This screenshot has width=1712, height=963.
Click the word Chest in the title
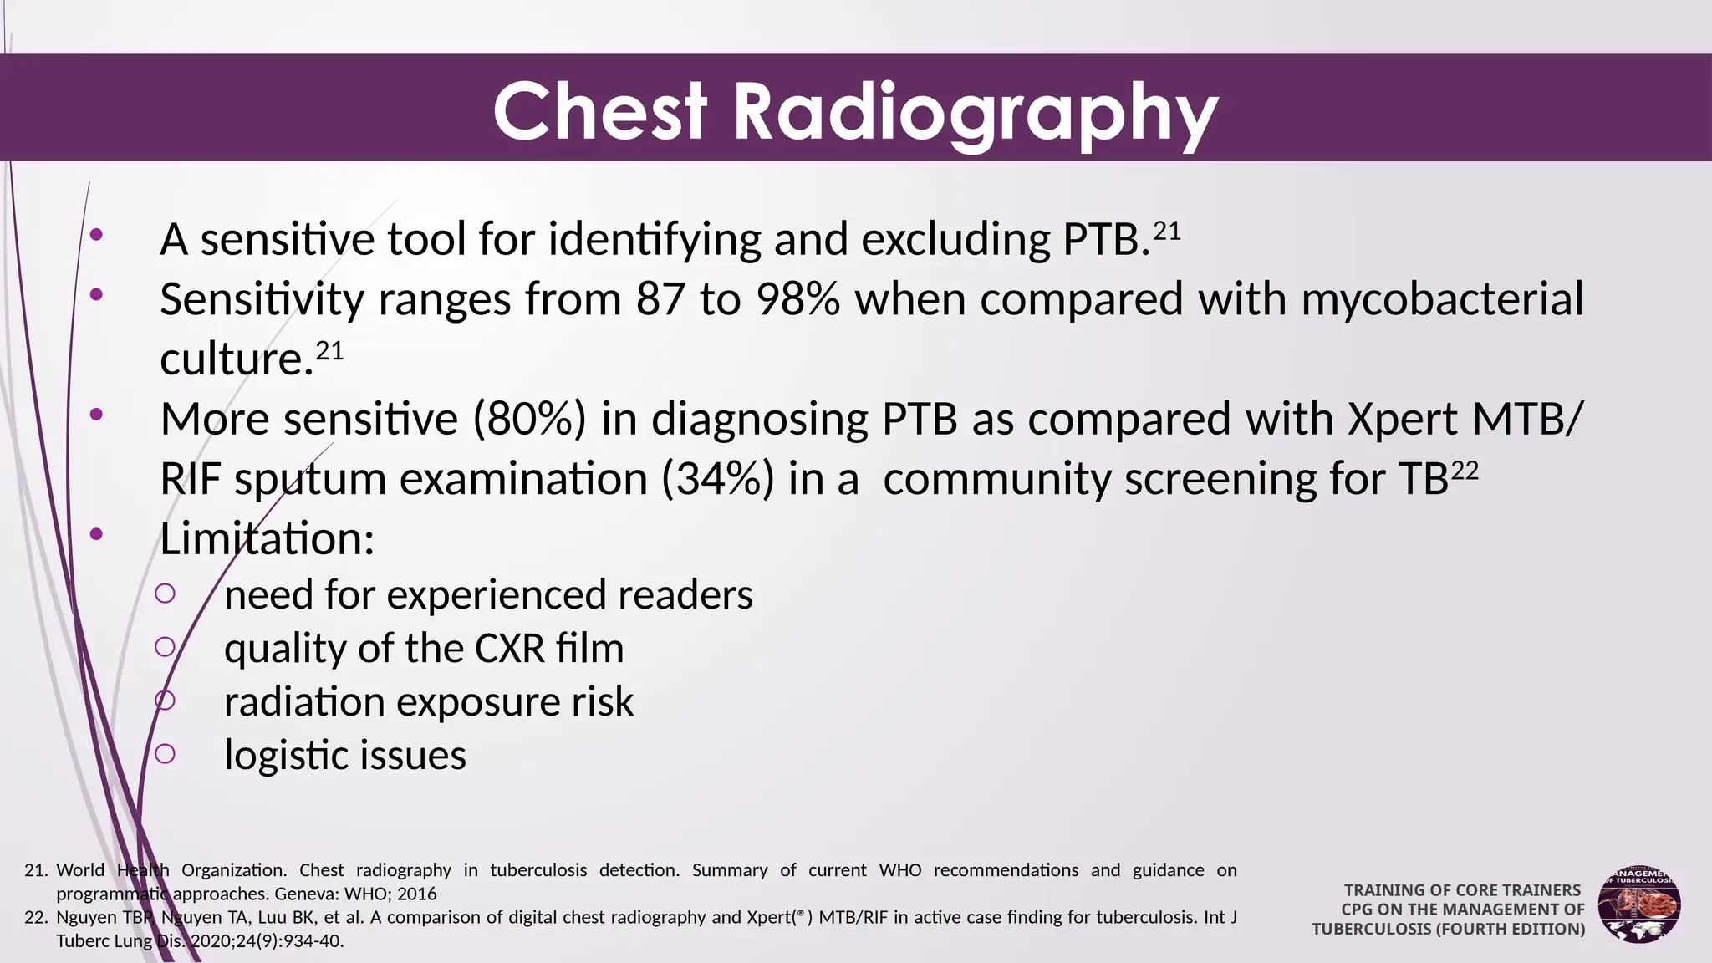(600, 112)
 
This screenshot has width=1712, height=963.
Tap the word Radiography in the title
(975, 114)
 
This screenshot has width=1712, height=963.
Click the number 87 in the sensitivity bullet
(660, 299)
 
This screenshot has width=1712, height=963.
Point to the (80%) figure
(529, 419)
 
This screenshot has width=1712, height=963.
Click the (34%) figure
(718, 480)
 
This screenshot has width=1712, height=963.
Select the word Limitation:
(267, 539)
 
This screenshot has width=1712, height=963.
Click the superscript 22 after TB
(1464, 471)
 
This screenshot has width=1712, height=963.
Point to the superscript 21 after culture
(329, 351)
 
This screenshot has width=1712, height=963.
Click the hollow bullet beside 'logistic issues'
(166, 754)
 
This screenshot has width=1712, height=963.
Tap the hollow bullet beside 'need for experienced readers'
(166, 594)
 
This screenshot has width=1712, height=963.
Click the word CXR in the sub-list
(510, 649)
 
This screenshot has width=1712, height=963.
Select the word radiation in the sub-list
(303, 701)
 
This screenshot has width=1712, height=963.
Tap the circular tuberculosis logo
(1638, 905)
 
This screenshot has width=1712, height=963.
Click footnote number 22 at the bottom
(35, 918)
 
